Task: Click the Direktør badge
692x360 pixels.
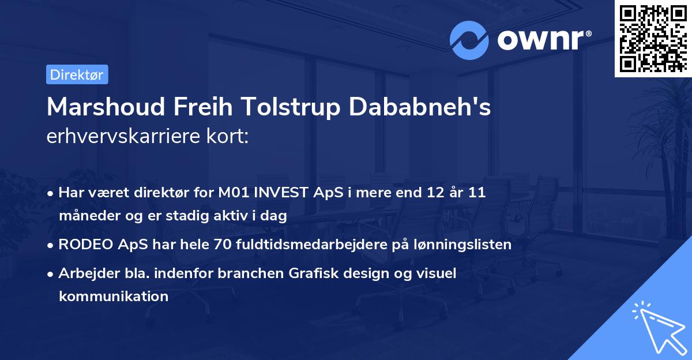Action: [77, 74]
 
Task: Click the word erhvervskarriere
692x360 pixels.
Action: [127, 137]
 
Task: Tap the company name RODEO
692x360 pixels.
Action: [84, 244]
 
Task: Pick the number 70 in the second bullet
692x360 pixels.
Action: [221, 244]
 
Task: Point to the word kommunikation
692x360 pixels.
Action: [113, 297]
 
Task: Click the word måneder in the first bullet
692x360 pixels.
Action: [85, 216]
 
